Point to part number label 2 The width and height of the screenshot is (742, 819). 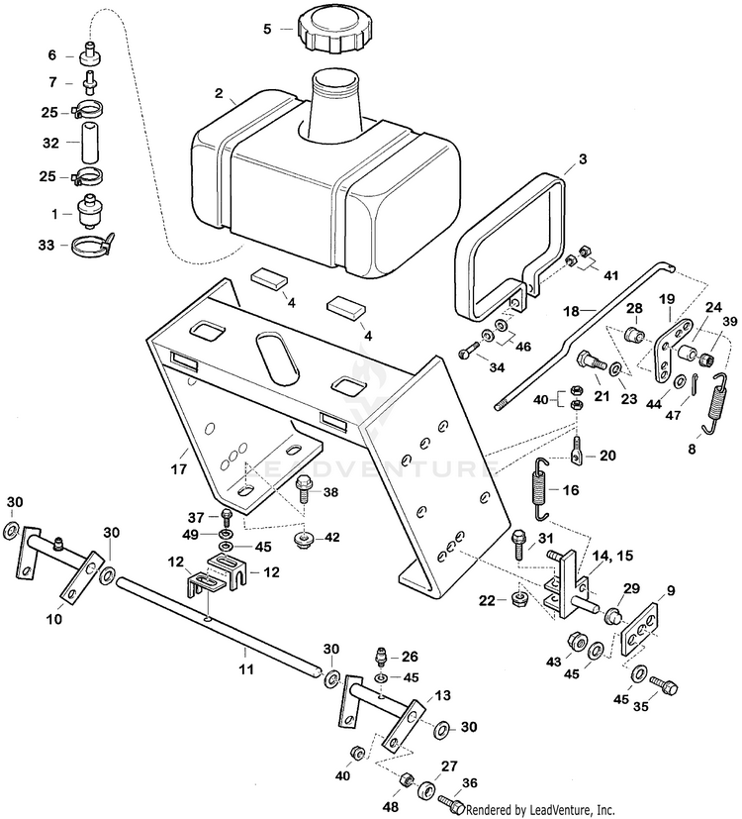point(218,94)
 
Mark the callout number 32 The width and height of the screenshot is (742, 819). point(51,143)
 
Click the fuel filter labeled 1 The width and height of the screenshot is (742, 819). point(89,214)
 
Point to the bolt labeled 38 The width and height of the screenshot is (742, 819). point(303,486)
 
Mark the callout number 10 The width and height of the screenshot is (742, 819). point(54,619)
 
